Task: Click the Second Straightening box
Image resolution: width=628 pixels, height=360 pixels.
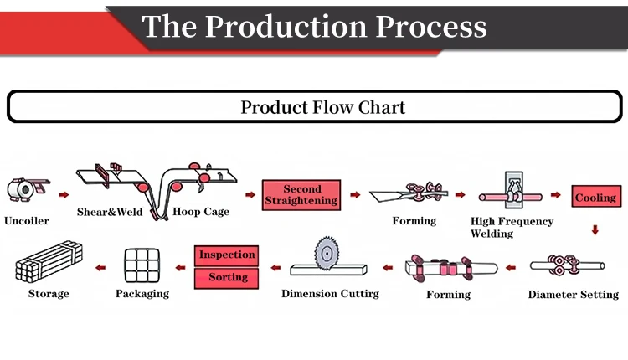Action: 301,195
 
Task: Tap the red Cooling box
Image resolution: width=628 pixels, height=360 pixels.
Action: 596,196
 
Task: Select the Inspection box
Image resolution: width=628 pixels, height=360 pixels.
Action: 226,255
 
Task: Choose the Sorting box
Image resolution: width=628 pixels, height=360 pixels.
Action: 226,278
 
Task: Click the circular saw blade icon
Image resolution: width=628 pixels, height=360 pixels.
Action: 327,253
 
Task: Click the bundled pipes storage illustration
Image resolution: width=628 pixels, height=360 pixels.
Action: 49,261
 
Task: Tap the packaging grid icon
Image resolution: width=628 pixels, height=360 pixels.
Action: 142,265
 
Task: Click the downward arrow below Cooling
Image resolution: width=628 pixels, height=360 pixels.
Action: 595,229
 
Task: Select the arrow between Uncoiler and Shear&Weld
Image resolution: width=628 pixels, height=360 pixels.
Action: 64,194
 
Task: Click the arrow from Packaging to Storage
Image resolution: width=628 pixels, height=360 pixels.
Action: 100,268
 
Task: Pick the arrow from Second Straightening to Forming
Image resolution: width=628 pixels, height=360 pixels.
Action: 355,194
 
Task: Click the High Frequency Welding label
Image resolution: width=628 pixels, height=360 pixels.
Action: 512,227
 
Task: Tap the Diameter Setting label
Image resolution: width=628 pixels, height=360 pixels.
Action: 573,295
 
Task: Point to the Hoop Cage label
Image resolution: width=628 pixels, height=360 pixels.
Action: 201,212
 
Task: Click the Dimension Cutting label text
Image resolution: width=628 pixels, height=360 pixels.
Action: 330,294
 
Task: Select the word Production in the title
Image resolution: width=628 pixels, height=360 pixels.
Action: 286,27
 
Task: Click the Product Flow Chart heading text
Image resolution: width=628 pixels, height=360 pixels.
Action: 323,107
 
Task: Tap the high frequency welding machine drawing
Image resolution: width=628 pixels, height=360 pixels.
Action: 511,191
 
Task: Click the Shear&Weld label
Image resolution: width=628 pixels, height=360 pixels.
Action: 110,212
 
